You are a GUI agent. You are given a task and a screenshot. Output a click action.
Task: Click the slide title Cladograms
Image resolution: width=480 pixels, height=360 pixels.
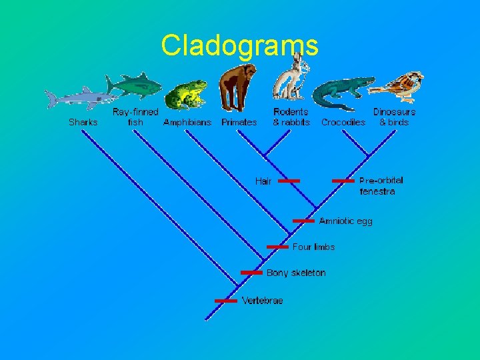pos(239,45)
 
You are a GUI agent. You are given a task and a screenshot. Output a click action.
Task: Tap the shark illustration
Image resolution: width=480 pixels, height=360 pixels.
pos(77,99)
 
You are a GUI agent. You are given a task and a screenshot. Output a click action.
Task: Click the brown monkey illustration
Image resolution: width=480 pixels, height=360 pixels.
pos(238,87)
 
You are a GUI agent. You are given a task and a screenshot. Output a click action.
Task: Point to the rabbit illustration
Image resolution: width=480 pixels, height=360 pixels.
pos(291,79)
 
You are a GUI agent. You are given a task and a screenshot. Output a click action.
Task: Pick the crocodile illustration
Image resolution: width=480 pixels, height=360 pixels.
pos(342,91)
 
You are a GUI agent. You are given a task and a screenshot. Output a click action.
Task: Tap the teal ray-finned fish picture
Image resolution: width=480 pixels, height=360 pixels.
pos(135,85)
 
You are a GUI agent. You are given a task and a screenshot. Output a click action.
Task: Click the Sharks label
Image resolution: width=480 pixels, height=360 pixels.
pos(83,122)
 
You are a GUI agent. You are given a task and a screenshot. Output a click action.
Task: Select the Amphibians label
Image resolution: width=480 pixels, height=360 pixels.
pos(187,122)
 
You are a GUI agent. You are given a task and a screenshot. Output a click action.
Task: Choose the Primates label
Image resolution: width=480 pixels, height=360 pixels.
pos(239,122)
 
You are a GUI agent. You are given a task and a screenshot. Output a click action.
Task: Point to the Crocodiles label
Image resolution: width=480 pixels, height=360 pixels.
pos(343,122)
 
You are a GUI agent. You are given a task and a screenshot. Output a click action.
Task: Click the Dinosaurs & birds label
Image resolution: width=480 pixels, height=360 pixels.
pos(394,117)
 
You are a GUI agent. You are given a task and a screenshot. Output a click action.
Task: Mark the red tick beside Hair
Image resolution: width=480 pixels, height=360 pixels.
pos(289,181)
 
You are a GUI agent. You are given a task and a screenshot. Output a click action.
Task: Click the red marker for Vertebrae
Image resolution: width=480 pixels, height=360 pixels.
pos(226,301)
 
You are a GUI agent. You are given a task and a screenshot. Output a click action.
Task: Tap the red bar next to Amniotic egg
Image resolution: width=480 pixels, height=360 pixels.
pos(303,221)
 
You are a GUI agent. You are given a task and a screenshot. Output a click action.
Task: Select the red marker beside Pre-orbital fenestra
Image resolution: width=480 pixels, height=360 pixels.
pos(343,181)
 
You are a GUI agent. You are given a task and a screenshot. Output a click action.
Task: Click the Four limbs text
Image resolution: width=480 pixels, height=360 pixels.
pos(313,247)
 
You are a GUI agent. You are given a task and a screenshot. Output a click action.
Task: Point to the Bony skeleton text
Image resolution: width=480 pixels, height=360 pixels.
pos(296,273)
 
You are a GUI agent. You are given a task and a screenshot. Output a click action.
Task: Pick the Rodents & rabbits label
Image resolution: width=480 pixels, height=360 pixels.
pos(291,117)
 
